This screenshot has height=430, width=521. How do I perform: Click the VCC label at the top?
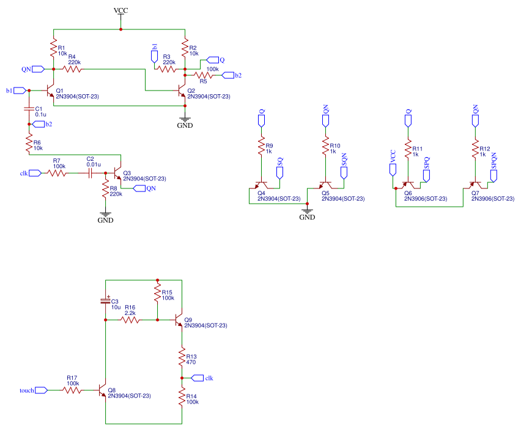tap(120, 11)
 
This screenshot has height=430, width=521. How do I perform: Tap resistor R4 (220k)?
tap(73, 69)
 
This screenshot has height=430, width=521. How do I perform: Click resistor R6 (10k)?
tap(28, 144)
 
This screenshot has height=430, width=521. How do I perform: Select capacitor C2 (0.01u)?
tap(90, 173)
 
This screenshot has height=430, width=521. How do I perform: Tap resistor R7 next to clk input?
tap(57, 173)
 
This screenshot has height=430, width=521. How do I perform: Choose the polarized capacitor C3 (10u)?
tap(106, 301)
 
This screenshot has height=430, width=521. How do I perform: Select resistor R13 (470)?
tap(182, 357)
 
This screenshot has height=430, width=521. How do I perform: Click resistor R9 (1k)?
tap(262, 149)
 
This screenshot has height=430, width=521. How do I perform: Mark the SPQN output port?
tap(493, 174)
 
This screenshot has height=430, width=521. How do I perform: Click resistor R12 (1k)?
tap(475, 149)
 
